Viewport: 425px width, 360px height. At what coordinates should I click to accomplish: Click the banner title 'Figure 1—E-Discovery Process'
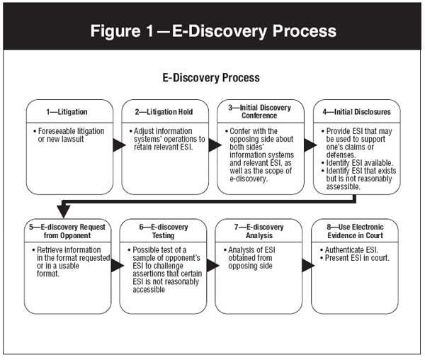(212, 32)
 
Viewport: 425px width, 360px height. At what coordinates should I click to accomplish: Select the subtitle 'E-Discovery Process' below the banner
(211, 77)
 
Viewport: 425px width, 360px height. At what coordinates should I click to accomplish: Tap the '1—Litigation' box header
(69, 113)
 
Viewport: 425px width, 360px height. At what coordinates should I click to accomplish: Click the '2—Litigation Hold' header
(164, 113)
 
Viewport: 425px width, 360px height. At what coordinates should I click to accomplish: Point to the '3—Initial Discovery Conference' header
(260, 113)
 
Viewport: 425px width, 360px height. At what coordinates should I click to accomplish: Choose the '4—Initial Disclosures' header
(356, 113)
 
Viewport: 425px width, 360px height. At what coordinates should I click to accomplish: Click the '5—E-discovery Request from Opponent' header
(69, 232)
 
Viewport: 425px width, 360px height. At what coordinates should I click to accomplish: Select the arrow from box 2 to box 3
(212, 146)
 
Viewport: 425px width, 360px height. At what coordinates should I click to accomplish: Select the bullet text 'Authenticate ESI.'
(351, 250)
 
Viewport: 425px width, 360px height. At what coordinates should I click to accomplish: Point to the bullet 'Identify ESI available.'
(361, 163)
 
